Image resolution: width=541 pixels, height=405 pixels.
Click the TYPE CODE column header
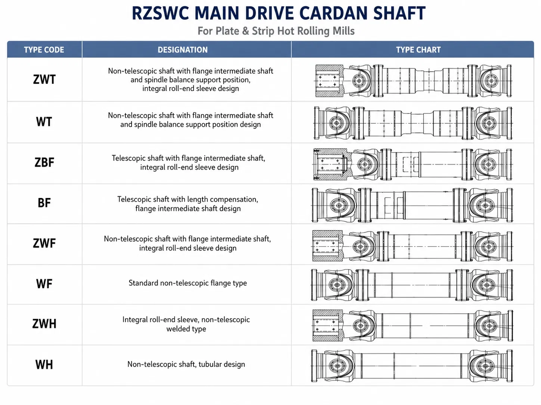(44, 50)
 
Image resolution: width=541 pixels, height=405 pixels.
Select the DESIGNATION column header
(183, 50)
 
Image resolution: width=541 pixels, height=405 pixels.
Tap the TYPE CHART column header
(418, 50)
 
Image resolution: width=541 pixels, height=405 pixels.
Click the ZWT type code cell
(44, 79)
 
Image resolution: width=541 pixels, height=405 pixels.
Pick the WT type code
(44, 122)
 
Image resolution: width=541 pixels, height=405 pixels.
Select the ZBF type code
(44, 163)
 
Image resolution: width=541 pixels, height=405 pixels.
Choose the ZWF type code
(44, 244)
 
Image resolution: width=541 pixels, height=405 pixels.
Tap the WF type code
(44, 284)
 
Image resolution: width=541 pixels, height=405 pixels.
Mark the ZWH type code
(44, 324)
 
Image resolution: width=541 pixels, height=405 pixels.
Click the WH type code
(44, 365)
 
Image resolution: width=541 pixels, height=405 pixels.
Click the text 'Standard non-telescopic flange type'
(188, 283)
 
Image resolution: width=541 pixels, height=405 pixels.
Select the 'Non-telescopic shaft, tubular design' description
(186, 364)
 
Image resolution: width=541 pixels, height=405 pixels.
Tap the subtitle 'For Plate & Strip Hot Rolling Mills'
(276, 31)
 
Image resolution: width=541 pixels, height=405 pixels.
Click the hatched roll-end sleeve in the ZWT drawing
(329, 81)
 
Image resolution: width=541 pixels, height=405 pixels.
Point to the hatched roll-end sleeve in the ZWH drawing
(328, 326)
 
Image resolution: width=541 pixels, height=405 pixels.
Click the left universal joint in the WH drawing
(338, 366)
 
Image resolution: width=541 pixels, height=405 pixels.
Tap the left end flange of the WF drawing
(314, 285)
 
